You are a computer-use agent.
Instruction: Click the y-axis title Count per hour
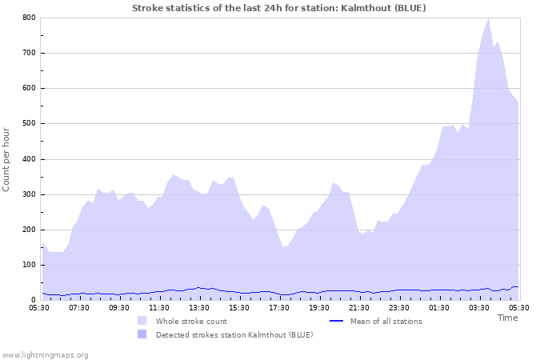7,159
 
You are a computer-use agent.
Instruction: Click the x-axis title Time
507,318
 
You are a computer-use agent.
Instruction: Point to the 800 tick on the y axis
28,18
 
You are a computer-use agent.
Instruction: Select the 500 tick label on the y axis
28,124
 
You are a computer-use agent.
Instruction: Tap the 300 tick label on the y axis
28,194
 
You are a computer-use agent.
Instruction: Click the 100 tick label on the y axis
28,265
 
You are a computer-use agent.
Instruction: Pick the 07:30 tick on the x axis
79,307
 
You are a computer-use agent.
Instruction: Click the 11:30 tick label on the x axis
159,307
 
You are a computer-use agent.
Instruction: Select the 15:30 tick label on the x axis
239,307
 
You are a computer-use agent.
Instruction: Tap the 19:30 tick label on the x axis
319,307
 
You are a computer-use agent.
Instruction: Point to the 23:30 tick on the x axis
399,307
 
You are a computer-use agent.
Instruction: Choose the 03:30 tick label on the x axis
479,307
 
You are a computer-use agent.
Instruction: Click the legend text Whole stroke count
191,321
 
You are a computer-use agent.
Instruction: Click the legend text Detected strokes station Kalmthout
234,334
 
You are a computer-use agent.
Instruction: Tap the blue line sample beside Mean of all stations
337,321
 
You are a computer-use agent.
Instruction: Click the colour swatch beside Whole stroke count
142,321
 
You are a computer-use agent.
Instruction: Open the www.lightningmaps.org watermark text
45,354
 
